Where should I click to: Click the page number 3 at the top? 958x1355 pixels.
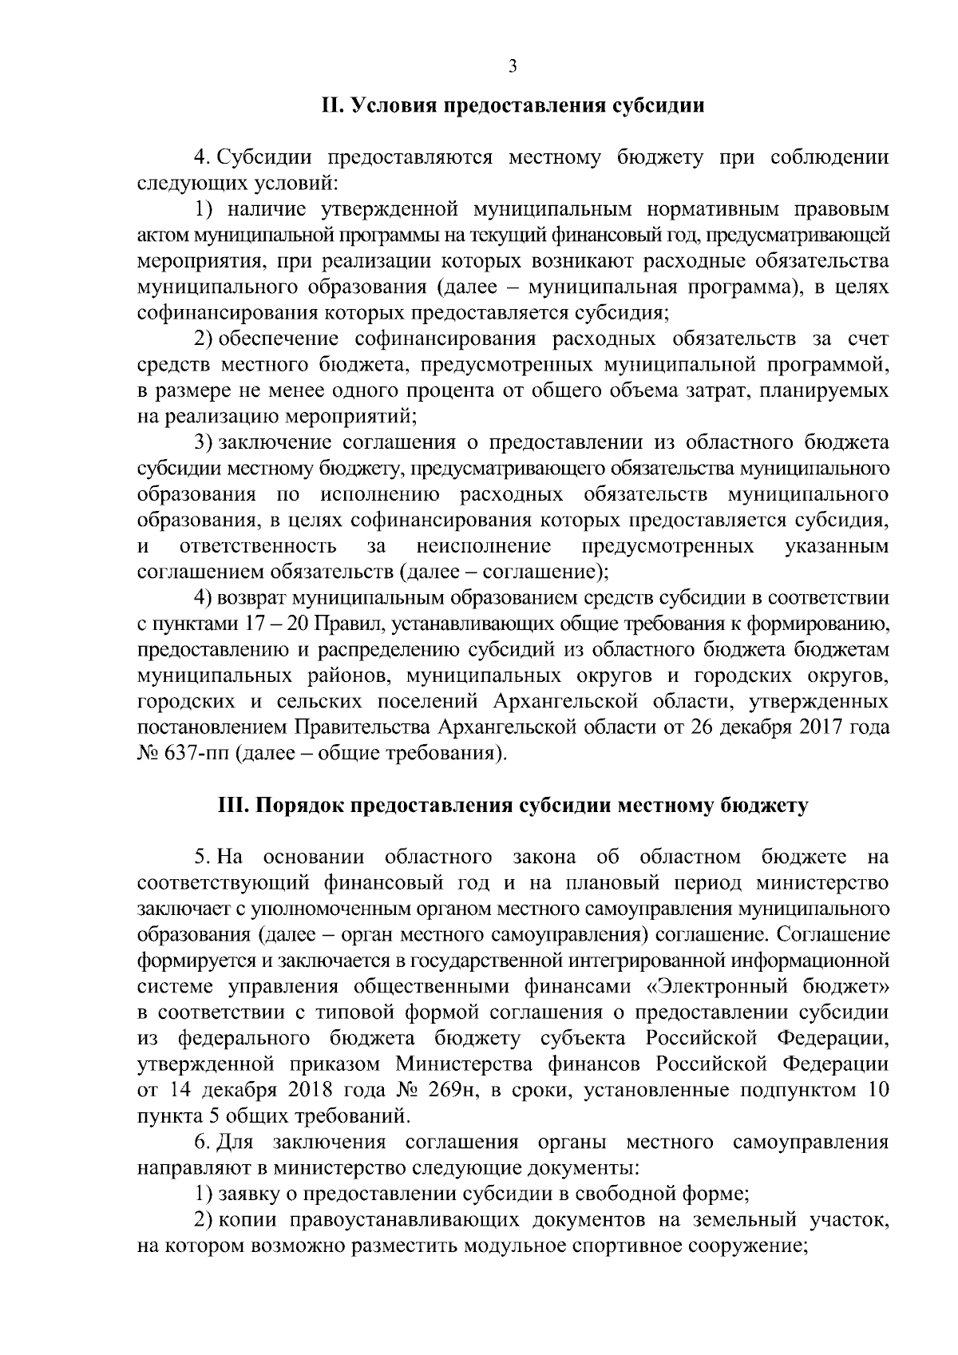(x=513, y=67)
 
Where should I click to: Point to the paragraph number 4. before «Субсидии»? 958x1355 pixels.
(x=202, y=158)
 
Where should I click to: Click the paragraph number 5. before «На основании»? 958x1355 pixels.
(x=203, y=858)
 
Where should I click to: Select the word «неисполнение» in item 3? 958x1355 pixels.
(x=484, y=546)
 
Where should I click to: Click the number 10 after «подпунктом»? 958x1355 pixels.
(x=877, y=1091)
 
